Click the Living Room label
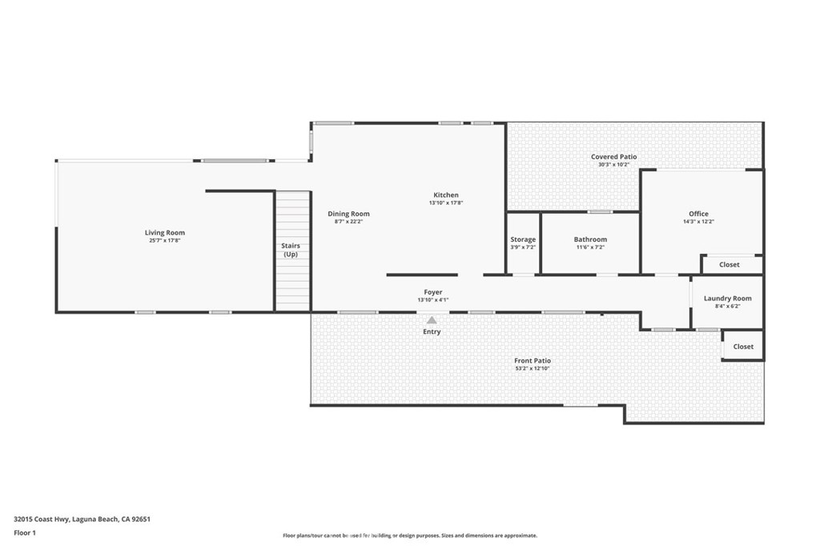coord(165,233)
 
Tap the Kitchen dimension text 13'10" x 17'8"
coord(446,203)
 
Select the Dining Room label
coord(348,214)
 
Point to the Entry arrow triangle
coord(432,320)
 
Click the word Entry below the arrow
coord(432,331)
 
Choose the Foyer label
coord(432,292)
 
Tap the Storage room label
coord(523,239)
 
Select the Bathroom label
coord(590,239)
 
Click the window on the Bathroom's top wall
coord(600,212)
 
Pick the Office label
coord(698,214)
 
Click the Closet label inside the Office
coord(730,264)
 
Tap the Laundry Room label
coord(727,299)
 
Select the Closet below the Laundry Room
coord(743,347)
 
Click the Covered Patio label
coord(614,157)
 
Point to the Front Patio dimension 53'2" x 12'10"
coord(533,369)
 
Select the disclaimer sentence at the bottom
coord(409,536)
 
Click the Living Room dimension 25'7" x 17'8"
coord(165,241)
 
